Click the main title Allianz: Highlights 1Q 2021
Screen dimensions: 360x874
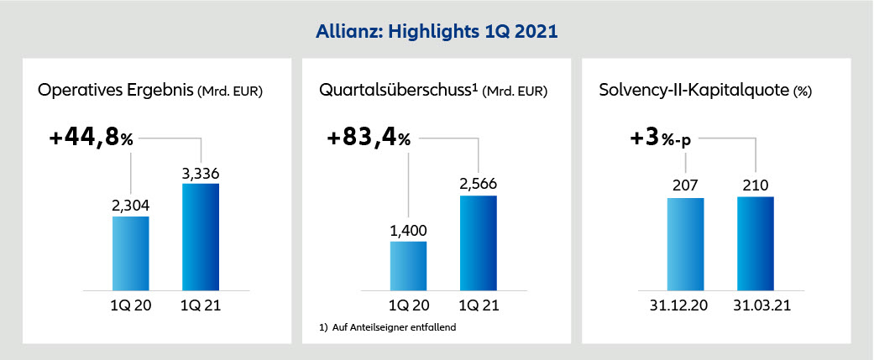pyautogui.click(x=437, y=32)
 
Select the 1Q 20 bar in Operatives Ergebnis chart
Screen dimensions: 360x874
pyautogui.click(x=131, y=252)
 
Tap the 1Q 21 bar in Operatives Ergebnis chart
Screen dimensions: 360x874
pyautogui.click(x=201, y=236)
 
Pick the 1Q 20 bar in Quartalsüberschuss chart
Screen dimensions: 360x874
pyautogui.click(x=409, y=264)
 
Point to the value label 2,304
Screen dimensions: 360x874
pyautogui.click(x=130, y=206)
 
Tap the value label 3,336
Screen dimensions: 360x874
pyautogui.click(x=201, y=173)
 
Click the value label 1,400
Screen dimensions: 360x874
pyautogui.click(x=409, y=231)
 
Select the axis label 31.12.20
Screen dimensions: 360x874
pyautogui.click(x=685, y=304)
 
